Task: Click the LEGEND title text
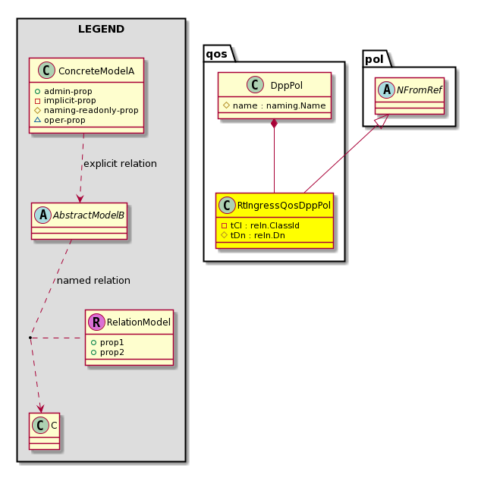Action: click(x=101, y=29)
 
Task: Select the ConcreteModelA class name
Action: click(x=96, y=71)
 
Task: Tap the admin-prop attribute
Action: click(x=68, y=91)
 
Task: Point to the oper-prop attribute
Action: click(x=64, y=120)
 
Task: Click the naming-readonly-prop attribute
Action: click(x=91, y=110)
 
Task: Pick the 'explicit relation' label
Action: click(x=120, y=164)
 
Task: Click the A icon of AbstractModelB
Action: click(x=43, y=215)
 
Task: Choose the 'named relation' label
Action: click(x=93, y=281)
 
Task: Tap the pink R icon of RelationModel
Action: click(x=96, y=322)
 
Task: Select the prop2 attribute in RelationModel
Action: click(x=112, y=352)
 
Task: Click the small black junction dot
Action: click(x=30, y=338)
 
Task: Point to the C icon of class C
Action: click(x=40, y=425)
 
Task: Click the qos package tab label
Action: click(x=216, y=54)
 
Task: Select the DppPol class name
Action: click(x=287, y=85)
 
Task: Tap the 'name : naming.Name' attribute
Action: click(x=279, y=105)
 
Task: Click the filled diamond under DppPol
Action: click(x=274, y=124)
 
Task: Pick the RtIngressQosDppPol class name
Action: click(x=284, y=206)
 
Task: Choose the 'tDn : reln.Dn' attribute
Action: click(x=258, y=235)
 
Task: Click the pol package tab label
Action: click(x=374, y=59)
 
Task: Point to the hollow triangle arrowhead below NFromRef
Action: click(x=382, y=121)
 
